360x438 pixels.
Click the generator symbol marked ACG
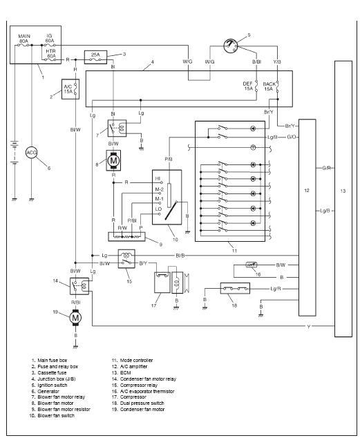[31, 153]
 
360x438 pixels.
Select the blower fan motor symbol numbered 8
[113, 160]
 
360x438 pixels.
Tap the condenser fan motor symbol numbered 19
[75, 318]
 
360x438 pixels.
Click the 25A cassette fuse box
[95, 57]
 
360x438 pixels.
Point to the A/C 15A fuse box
[70, 89]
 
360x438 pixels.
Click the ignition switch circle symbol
[231, 46]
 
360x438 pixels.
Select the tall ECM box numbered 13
[343, 198]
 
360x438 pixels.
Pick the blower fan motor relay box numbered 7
[117, 128]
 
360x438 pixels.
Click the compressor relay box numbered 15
[126, 258]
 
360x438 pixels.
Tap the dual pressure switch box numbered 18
[235, 288]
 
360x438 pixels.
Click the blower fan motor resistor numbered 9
[127, 236]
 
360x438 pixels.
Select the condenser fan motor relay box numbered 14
[79, 286]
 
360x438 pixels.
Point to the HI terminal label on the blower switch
[158, 178]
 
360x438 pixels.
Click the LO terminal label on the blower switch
[158, 209]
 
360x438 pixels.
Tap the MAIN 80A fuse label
[24, 39]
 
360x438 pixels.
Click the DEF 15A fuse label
[248, 86]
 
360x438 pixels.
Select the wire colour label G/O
[292, 137]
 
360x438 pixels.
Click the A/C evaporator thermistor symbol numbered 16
[252, 265]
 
